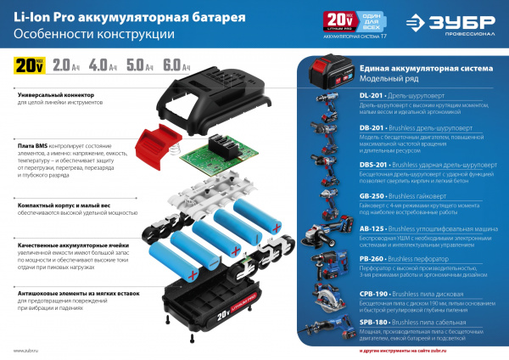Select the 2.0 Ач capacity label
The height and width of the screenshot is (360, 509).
click(64, 64)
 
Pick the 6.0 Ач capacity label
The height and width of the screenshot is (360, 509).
click(175, 64)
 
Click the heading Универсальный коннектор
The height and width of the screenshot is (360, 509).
click(51, 95)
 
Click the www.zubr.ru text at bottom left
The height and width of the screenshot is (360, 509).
click(27, 350)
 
